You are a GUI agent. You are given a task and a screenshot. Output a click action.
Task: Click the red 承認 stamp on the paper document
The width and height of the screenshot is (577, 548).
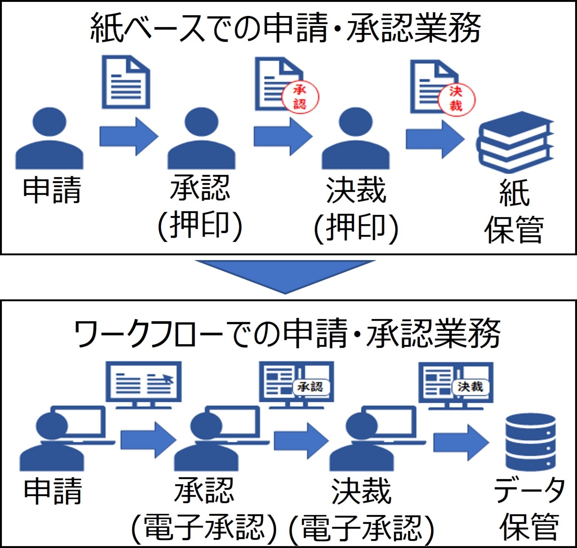300,97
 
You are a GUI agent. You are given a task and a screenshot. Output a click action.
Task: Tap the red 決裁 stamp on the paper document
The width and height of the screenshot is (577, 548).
456,99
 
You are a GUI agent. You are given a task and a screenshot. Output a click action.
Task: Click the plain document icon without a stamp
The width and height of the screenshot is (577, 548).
126,82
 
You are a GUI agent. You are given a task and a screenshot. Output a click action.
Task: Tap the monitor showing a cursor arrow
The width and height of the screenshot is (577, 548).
144,385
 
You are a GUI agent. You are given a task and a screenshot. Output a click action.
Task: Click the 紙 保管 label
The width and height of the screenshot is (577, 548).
514,211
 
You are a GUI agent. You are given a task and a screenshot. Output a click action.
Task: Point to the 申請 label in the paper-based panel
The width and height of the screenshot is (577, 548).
52,190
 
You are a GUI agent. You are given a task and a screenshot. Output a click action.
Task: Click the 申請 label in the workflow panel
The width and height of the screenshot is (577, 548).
53,491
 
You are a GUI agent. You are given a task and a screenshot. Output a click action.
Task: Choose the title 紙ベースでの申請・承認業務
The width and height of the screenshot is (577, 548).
285,28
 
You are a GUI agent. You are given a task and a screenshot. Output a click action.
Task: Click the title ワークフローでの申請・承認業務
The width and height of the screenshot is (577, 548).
287,334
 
